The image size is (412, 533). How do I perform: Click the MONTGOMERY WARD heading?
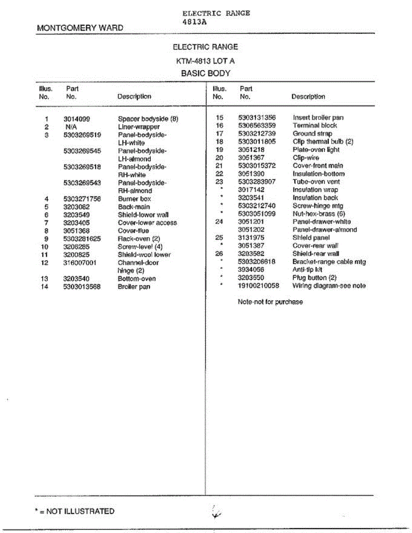tap(80, 28)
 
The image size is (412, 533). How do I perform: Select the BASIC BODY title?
tap(205, 73)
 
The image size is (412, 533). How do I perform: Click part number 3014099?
tap(76, 119)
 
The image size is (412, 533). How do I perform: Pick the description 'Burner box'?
tap(134, 199)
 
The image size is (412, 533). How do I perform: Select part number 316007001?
tap(80, 263)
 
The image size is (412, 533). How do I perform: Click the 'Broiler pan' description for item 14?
tap(134, 286)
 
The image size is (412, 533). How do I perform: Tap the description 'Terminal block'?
tap(315, 126)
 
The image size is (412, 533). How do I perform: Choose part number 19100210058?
tap(259, 286)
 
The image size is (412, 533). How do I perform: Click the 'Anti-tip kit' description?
tap(307, 270)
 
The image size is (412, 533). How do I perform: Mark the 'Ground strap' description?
tap(312, 134)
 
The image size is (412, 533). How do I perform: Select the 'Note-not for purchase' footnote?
tap(270, 302)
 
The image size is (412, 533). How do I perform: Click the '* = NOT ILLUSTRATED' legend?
tap(75, 511)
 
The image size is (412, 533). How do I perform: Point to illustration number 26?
tap(219, 254)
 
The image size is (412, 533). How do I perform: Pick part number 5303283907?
tap(257, 182)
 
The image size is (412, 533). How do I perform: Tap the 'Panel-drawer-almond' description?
tap(324, 230)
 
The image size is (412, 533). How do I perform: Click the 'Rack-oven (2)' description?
tap(139, 239)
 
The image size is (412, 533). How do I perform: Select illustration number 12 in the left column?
tap(44, 263)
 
